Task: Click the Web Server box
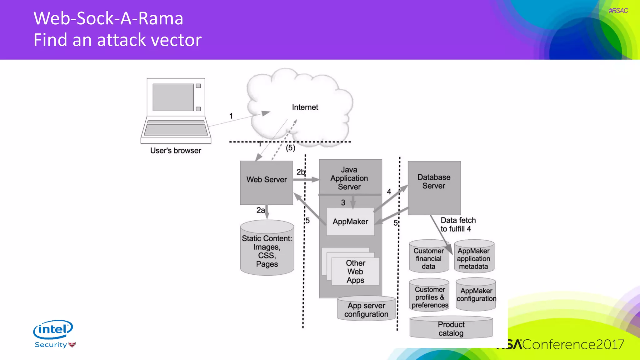pos(266,183)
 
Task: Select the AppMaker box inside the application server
pos(350,222)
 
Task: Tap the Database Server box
pos(434,187)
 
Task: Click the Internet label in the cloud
pos(305,107)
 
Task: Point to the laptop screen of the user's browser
pos(173,97)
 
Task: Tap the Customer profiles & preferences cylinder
pos(430,297)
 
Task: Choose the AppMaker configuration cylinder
pos(476,295)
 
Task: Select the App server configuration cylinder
pos(366,310)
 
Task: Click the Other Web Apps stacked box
pos(355,271)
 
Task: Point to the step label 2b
pos(300,172)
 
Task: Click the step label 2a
pos(261,210)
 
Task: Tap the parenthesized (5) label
pos(290,148)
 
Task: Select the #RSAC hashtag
pos(618,11)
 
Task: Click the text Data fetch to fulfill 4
pos(457,224)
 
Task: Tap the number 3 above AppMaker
pos(343,202)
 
